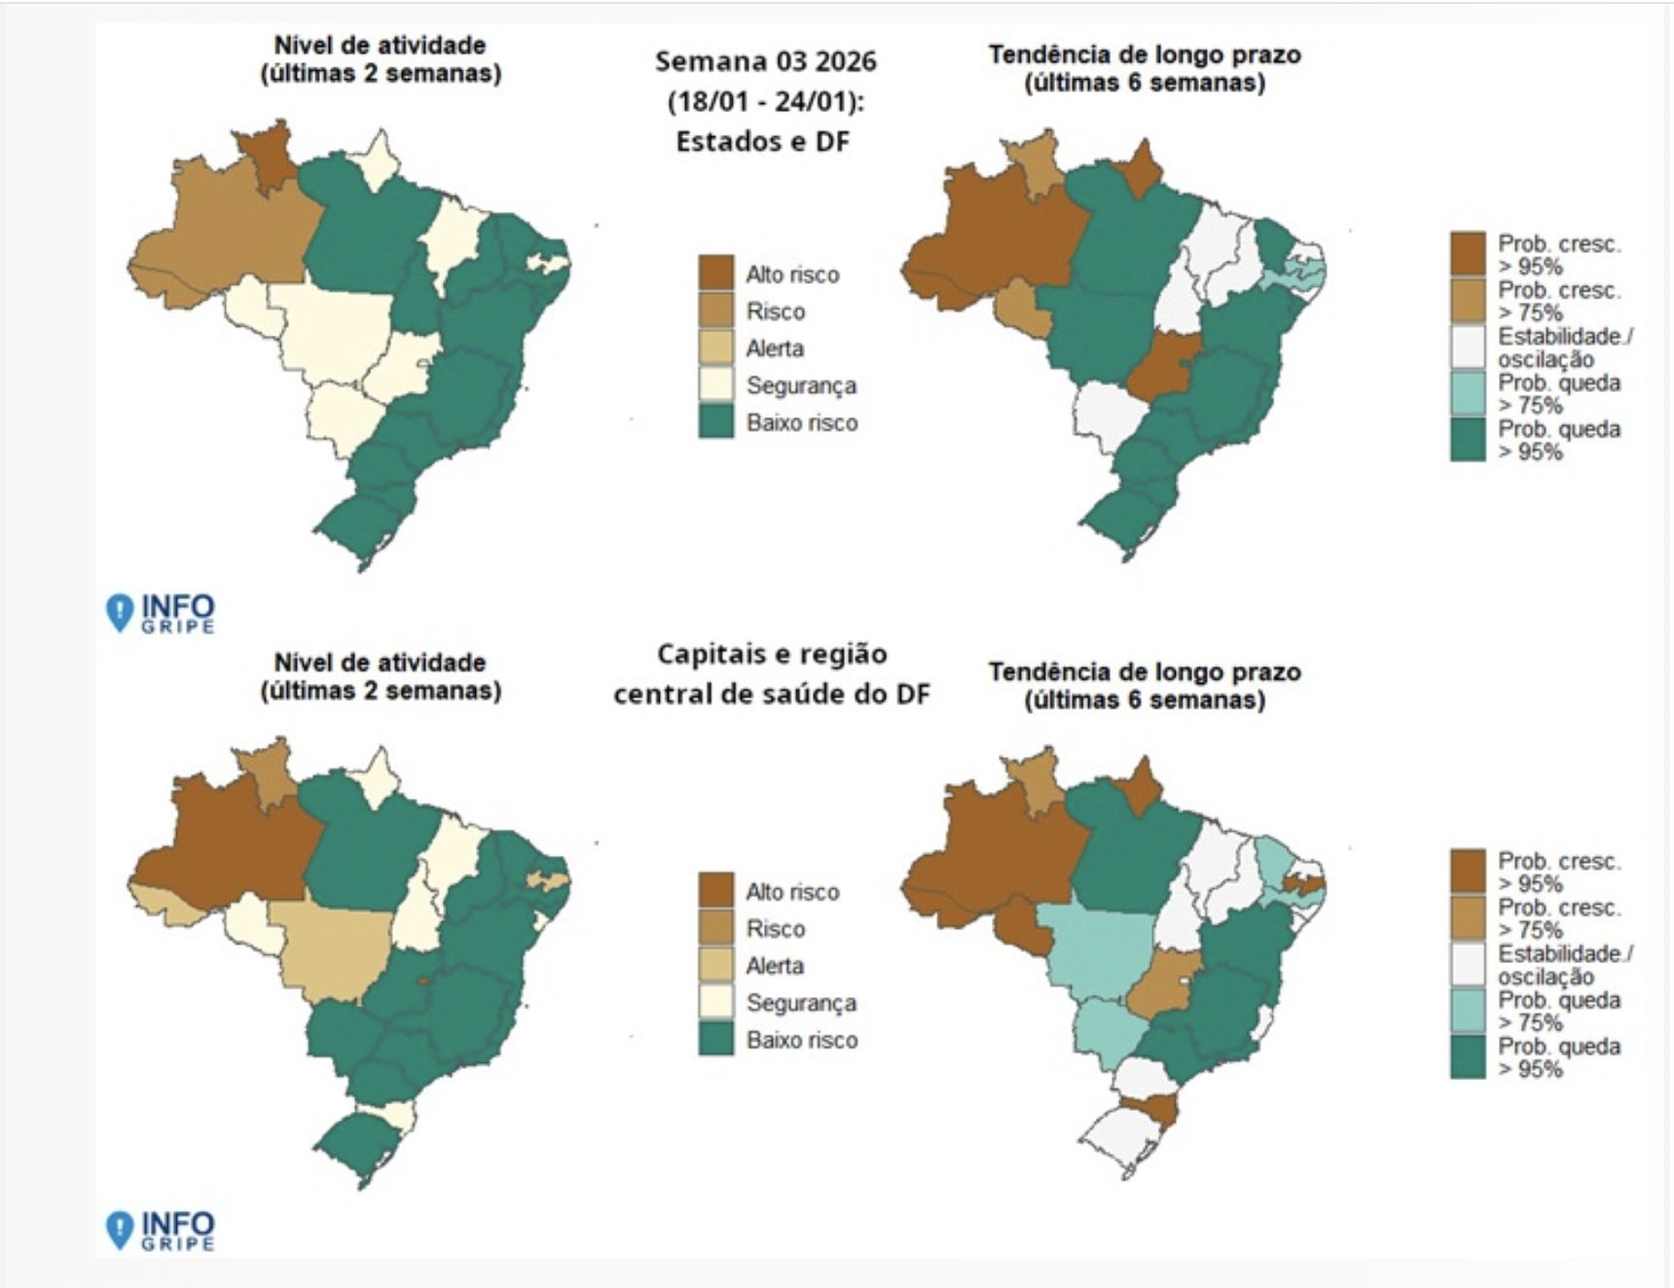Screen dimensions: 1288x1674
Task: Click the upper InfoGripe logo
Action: click(x=162, y=613)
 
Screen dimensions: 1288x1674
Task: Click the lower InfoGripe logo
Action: click(x=162, y=1230)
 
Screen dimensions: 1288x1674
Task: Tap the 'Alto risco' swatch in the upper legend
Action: click(x=715, y=273)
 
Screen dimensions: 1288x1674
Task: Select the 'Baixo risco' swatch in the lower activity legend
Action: click(x=715, y=1039)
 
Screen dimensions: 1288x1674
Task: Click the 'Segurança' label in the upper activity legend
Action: click(x=800, y=385)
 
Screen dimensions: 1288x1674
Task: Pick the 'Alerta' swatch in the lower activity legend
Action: click(x=715, y=965)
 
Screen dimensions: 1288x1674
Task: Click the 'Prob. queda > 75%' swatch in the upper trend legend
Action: click(x=1468, y=393)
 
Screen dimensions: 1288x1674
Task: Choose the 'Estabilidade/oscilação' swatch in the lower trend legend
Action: click(x=1468, y=964)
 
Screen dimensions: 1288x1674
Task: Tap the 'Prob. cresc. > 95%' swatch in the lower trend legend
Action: click(x=1468, y=872)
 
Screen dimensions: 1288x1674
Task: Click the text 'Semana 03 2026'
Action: click(x=765, y=61)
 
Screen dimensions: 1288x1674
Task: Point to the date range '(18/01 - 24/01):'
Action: click(x=765, y=102)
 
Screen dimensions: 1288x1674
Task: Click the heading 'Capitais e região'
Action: click(x=771, y=654)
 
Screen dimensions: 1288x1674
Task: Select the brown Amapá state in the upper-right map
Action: click(x=1141, y=167)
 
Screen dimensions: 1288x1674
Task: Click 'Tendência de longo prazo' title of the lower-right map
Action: click(x=1145, y=671)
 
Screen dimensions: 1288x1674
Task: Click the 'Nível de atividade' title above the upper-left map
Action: click(x=380, y=45)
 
